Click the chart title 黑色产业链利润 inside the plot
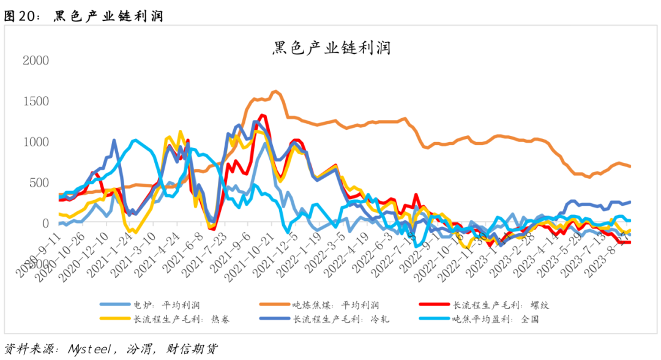pos(331,47)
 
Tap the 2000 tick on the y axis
pos(35,61)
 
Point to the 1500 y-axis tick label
pos(35,101)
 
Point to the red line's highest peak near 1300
pos(263,115)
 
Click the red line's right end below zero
pos(630,242)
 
